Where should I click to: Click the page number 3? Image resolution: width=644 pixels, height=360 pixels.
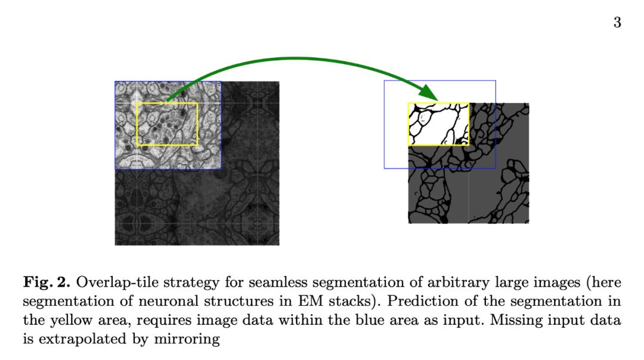pyautogui.click(x=617, y=23)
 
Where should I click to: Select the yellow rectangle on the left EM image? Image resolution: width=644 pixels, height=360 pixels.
pyautogui.click(x=137, y=124)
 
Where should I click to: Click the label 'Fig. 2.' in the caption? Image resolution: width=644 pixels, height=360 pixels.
pyautogui.click(x=47, y=281)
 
